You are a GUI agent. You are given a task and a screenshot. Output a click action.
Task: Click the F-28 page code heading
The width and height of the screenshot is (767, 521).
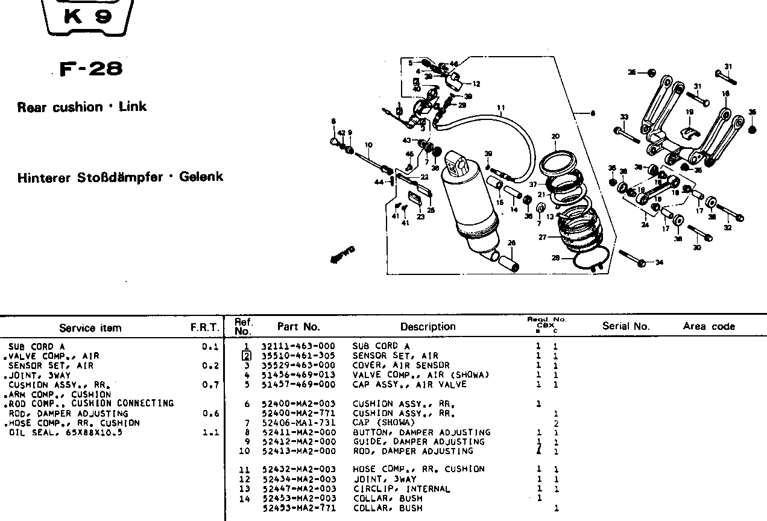pos(91,69)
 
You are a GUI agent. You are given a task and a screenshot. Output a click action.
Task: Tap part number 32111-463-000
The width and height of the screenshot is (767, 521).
pos(298,346)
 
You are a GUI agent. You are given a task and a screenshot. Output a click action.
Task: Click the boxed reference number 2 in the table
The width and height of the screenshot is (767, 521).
pos(246,356)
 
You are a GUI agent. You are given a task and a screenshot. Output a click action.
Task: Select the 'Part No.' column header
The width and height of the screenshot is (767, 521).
pos(298,327)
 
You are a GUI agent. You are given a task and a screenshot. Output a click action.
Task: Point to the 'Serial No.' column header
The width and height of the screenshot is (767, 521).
pos(626,326)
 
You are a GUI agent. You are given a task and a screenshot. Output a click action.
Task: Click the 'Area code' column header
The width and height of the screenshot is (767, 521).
pos(709,326)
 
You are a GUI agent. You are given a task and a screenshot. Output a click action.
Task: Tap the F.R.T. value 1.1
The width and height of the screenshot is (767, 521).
pos(210,432)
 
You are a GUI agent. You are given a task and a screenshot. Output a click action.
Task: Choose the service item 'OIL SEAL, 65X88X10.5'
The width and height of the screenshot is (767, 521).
pos(65,432)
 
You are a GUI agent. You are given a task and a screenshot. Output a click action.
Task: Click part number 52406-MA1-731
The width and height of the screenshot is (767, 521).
pos(298,423)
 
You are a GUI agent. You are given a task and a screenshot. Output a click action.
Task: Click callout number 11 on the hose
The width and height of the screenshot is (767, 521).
pos(500,109)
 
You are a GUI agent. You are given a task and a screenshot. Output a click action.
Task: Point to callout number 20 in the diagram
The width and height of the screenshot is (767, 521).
pos(555,136)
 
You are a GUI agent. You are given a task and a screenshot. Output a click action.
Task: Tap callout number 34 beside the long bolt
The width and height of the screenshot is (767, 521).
pos(658,262)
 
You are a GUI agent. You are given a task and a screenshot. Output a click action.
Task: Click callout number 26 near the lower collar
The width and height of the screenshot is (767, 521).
pos(511,243)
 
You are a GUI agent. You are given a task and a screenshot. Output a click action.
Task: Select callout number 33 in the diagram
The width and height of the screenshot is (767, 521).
pos(623,117)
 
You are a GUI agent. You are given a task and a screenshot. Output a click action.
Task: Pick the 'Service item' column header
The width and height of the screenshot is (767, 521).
pos(90,328)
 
